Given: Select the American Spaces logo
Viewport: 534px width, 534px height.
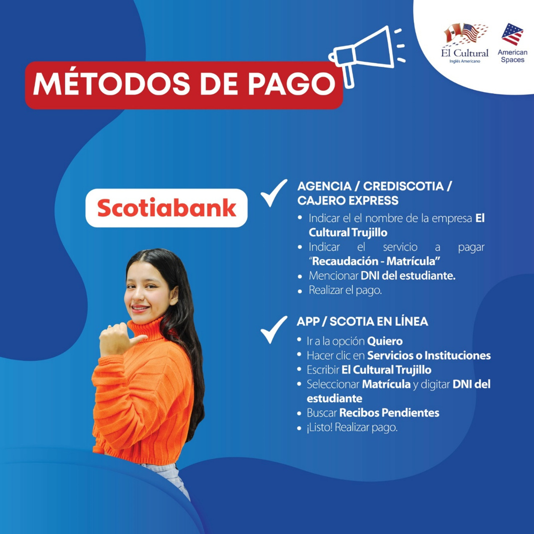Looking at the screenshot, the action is (x=512, y=43).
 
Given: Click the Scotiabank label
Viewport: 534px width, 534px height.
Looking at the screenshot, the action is (x=166, y=208).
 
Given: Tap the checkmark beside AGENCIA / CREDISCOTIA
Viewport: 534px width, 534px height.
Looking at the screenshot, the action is (x=274, y=193).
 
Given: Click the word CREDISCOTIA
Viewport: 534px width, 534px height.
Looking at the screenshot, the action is (x=403, y=186).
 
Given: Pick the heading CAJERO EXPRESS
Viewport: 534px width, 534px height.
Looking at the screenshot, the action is (x=348, y=201).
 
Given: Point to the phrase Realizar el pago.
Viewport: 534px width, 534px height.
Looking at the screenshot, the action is (x=345, y=290).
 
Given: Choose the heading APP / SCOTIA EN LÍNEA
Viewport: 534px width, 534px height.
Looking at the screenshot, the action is (x=362, y=321).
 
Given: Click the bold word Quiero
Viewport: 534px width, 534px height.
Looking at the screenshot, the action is (x=385, y=341).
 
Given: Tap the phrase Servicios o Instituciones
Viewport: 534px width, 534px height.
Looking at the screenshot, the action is (x=429, y=355).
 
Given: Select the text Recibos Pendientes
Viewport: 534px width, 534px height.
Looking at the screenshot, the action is (x=389, y=413).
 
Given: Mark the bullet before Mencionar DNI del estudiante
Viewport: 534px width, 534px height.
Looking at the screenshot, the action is (x=300, y=276).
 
